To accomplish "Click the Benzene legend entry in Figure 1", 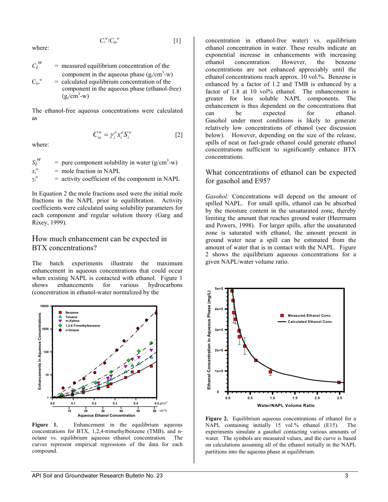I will [x=71, y=313].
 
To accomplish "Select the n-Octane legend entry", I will [x=72, y=330].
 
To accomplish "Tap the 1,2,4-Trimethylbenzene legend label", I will [x=83, y=326].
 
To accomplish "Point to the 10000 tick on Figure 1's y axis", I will [x=44, y=306].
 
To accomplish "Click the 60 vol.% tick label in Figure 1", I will [x=155, y=410].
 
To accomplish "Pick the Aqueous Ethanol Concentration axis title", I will [x=106, y=415].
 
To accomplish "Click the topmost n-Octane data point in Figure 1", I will [x=156, y=313].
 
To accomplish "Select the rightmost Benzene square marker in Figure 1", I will [x=151, y=366].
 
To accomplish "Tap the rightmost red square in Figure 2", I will [x=339, y=382].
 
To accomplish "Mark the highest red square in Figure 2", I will [x=232, y=291].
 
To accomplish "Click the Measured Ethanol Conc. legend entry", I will [x=309, y=315].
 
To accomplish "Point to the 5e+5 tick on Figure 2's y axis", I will [x=219, y=289].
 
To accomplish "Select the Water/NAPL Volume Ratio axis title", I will [x=285, y=405].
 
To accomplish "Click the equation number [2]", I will [x=178, y=135].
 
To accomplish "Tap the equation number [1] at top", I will [x=177, y=40].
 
